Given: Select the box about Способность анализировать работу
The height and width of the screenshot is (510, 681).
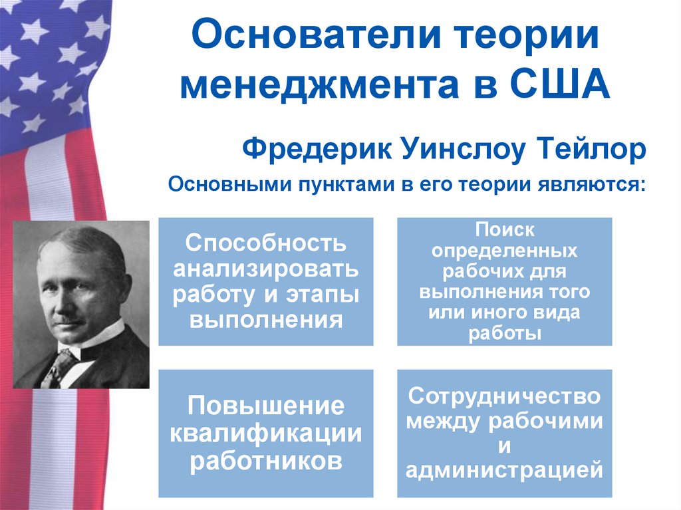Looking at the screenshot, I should pyautogui.click(x=266, y=281).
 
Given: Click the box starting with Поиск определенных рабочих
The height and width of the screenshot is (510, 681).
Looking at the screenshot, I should pyautogui.click(x=504, y=281).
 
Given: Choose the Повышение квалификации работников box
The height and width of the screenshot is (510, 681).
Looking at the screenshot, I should pyautogui.click(x=266, y=433).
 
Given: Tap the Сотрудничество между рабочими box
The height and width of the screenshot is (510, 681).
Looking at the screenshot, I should pyautogui.click(x=504, y=433).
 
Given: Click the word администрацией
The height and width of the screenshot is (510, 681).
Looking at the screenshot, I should pyautogui.click(x=504, y=470).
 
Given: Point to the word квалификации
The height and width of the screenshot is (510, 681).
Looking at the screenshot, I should pyautogui.click(x=266, y=433).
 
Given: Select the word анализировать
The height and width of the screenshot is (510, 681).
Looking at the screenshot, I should pyautogui.click(x=266, y=269).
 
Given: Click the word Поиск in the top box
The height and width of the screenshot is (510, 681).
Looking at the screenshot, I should pyautogui.click(x=505, y=231).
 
